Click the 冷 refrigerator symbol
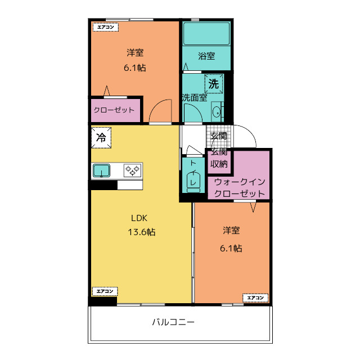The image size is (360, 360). [x=101, y=137]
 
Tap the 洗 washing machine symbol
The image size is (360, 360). [x=214, y=84]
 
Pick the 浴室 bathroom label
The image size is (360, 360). [x=206, y=56]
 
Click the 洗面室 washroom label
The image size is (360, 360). [x=194, y=97]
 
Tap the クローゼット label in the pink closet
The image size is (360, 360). [x=114, y=110]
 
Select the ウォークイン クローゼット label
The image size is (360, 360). [x=239, y=188]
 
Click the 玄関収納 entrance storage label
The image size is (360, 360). [x=219, y=158]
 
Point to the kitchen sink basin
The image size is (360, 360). [x=102, y=170]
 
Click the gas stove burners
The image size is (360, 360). [x=133, y=170]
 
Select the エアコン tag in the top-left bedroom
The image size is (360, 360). [x=105, y=26]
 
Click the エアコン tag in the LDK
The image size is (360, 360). [x=105, y=291]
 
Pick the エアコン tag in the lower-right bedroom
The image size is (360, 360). [x=255, y=297]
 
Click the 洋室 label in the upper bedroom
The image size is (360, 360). [x=135, y=53]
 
